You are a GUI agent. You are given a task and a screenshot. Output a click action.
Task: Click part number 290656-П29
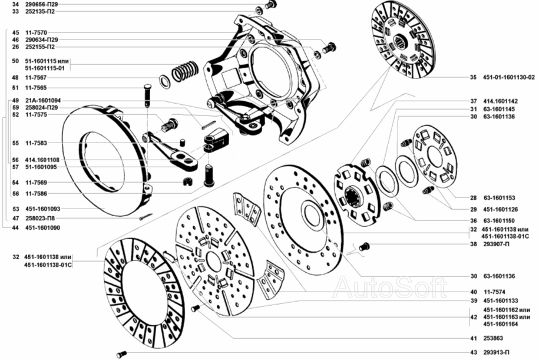point(42,5)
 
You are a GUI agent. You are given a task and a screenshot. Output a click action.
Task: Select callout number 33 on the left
point(15,11)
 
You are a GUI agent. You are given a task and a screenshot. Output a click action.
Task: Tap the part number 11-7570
point(36,32)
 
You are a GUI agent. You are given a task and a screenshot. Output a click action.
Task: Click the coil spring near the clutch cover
point(185,71)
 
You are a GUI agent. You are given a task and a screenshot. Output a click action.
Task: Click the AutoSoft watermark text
point(390,288)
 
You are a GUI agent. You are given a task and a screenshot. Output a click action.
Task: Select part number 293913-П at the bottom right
point(497,352)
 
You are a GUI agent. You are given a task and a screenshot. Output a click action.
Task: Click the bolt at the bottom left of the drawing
point(122,354)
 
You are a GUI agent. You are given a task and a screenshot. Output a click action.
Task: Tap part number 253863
point(493,338)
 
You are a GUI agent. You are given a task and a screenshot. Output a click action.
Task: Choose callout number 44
point(15,227)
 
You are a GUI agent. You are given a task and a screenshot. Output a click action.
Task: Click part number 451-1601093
point(42,209)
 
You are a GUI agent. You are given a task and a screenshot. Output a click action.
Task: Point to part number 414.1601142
point(500,101)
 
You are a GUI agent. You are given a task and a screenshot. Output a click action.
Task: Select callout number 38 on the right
point(474,244)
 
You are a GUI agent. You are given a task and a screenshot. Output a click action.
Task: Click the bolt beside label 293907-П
point(365,246)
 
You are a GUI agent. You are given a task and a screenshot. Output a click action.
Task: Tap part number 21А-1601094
point(43,100)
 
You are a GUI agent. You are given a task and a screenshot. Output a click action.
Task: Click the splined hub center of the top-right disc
point(401,43)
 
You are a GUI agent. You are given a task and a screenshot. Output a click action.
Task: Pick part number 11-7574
point(494,292)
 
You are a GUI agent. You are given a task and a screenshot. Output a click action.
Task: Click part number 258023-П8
point(40,218)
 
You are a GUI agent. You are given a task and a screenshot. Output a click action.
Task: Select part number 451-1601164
point(501,324)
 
